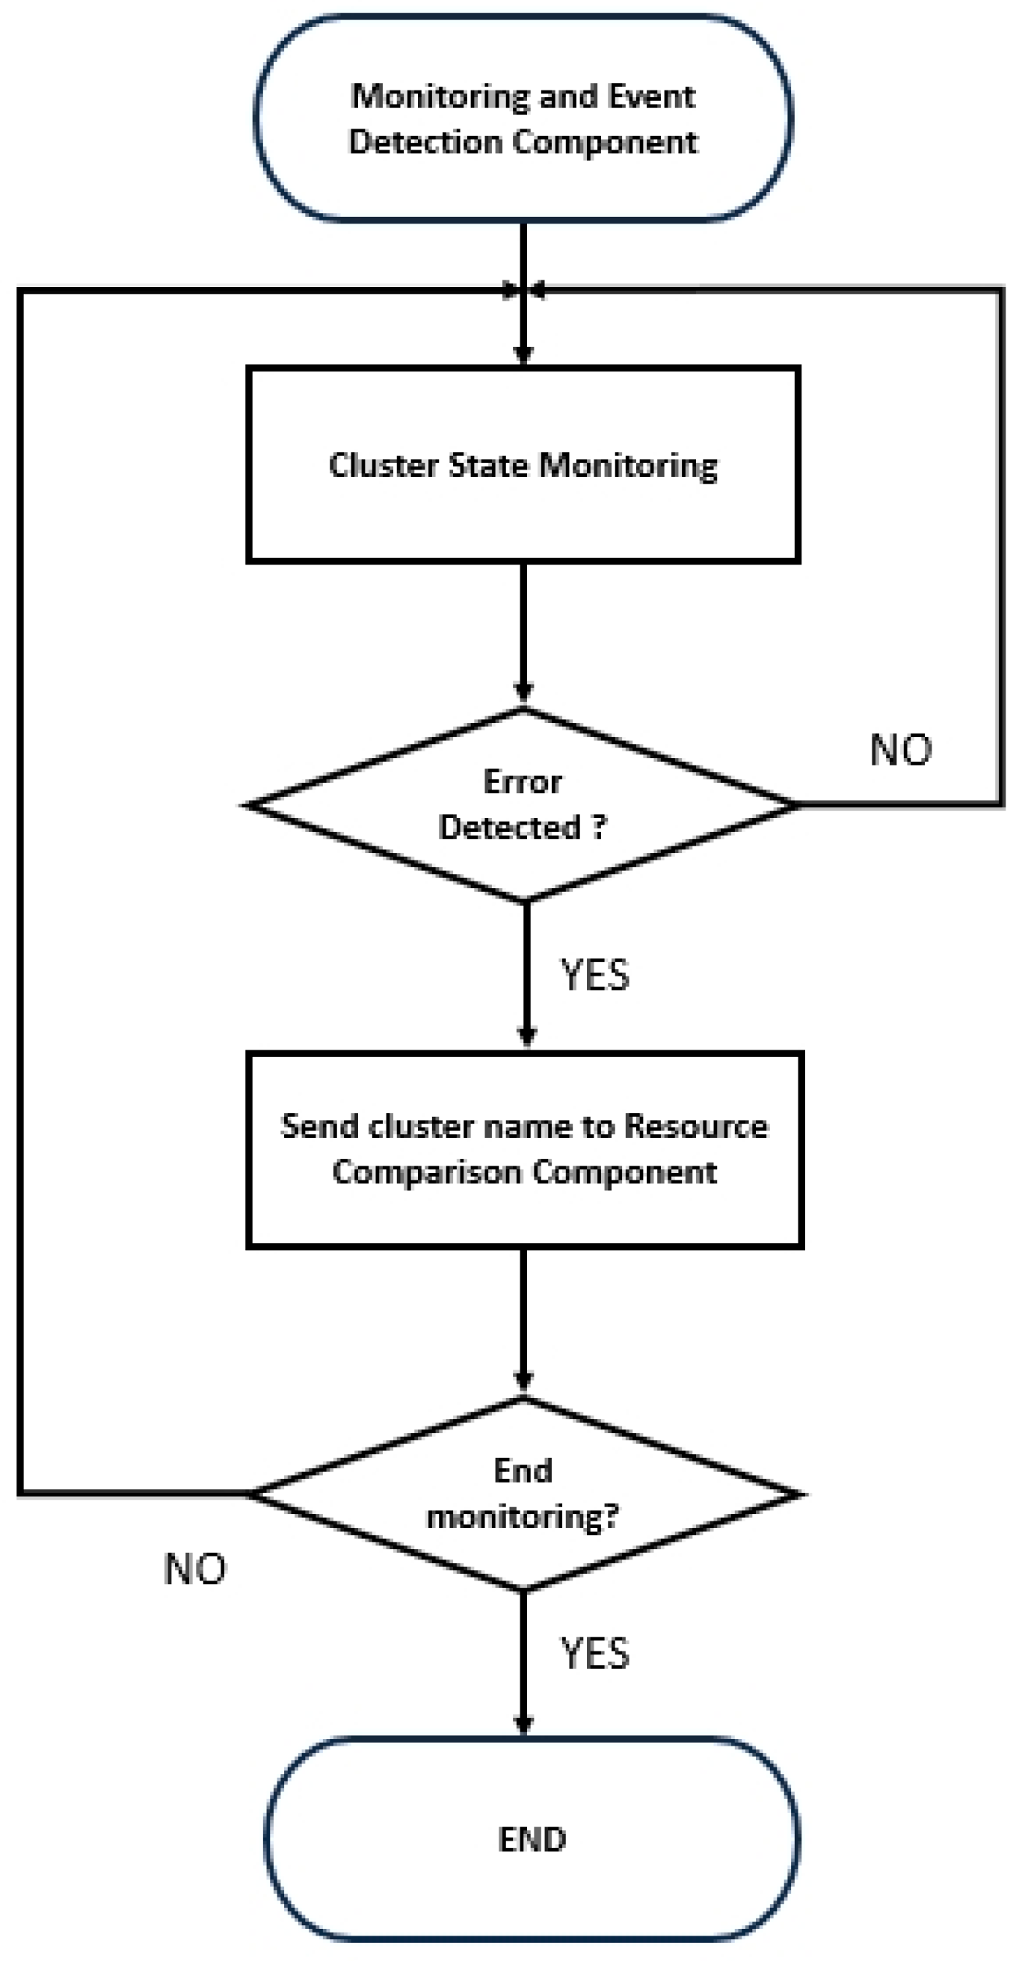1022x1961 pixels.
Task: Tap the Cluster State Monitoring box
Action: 523,465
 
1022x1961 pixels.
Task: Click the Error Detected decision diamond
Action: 523,804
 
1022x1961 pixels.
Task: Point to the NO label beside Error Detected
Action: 900,750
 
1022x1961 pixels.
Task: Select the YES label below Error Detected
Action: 595,974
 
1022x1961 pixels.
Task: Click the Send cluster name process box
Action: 524,1150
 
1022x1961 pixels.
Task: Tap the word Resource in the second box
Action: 695,1127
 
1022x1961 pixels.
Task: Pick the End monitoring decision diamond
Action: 523,1494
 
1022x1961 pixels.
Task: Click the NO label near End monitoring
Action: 195,1569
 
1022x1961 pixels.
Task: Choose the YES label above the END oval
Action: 595,1654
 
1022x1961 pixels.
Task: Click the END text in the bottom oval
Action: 532,1840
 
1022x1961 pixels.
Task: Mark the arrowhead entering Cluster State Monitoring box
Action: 523,356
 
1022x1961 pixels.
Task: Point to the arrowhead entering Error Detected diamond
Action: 523,692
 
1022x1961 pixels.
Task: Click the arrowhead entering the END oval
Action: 523,1726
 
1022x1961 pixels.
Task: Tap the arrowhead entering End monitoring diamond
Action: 523,1380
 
